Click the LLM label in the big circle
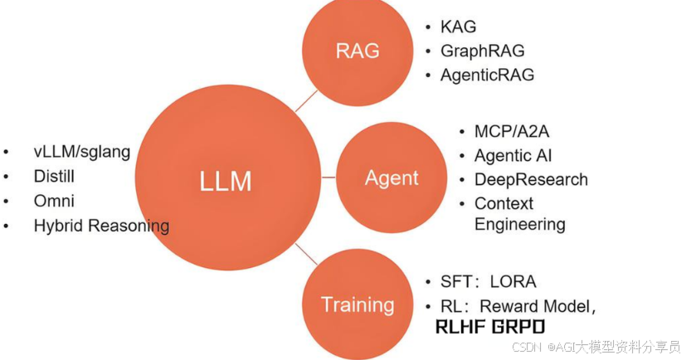[225, 181]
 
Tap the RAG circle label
[358, 51]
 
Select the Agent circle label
[392, 178]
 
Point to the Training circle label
[358, 305]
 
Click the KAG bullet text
[458, 27]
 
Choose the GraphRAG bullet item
[483, 51]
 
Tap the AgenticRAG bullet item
[488, 75]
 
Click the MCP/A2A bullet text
[512, 131]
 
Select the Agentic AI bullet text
[513, 156]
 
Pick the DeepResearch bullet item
[531, 180]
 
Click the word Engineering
[520, 224]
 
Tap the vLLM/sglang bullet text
[82, 152]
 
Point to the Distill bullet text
[54, 176]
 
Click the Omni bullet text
[54, 201]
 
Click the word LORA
[513, 281]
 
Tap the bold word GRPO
[518, 327]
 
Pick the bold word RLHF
[460, 327]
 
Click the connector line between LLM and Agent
[328, 178]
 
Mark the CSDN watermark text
[527, 348]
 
